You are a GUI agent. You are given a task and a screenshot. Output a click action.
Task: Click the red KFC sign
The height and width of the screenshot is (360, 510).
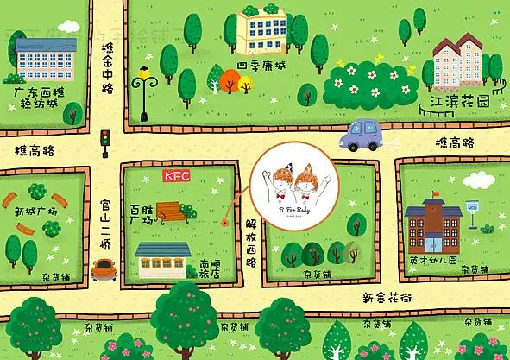pos(176,176)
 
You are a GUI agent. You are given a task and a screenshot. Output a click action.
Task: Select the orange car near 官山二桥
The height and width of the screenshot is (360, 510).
pos(104,268)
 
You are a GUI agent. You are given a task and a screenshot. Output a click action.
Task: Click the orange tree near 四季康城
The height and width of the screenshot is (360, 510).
pos(229,81)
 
